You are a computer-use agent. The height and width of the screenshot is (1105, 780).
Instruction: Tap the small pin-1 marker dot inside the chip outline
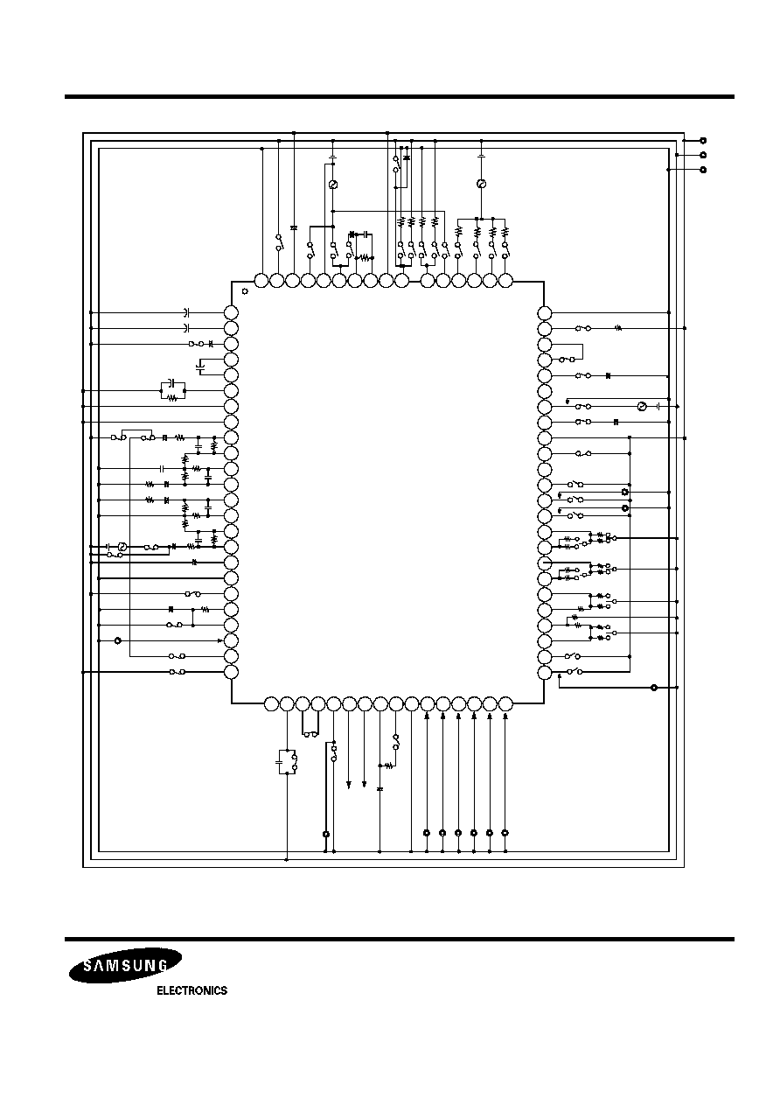tap(245, 291)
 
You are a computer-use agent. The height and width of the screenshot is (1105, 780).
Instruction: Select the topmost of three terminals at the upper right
tap(703, 141)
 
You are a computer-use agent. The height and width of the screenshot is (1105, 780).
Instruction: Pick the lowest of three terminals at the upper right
tap(703, 170)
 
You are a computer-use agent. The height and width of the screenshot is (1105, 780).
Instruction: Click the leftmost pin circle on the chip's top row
tap(261, 281)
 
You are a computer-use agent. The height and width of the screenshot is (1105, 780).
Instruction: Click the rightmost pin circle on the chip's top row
tap(505, 281)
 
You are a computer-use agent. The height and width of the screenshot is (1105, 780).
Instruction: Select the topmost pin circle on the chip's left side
tap(231, 312)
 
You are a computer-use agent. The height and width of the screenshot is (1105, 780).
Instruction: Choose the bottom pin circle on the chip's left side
tap(231, 672)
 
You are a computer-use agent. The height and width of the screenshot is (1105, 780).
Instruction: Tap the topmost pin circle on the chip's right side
tap(544, 313)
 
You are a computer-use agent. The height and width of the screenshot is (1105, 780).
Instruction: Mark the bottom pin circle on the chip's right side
tap(544, 673)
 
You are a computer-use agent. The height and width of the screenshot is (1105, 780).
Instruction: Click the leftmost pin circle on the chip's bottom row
tap(271, 704)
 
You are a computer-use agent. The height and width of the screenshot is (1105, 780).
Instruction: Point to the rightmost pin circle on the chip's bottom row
tap(505, 704)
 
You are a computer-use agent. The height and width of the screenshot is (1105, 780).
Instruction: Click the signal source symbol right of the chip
tap(642, 407)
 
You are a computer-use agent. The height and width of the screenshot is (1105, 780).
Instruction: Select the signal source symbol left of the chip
tap(122, 547)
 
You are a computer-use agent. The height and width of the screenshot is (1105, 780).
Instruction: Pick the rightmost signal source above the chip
tap(481, 184)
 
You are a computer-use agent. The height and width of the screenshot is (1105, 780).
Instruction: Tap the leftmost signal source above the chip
tap(333, 185)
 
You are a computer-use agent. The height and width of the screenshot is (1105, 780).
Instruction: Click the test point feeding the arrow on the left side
tap(117, 640)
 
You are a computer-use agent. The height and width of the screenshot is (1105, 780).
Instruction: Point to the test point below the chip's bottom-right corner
tap(654, 688)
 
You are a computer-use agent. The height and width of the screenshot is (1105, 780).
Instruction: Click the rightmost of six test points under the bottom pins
tap(505, 833)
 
